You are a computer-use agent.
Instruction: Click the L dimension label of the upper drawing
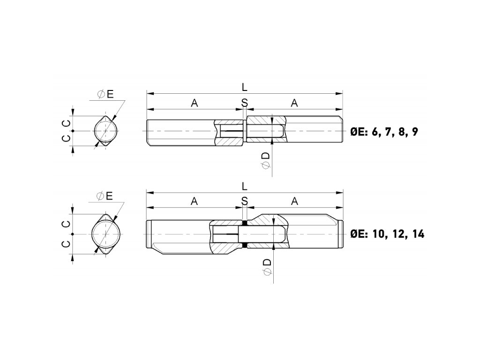click(244, 87)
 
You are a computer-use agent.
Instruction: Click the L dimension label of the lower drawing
click(244, 186)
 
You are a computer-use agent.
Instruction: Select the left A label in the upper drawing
click(195, 103)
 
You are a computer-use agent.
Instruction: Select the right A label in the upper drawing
click(294, 103)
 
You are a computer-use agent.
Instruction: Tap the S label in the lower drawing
click(244, 201)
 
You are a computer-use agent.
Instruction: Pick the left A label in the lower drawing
click(195, 201)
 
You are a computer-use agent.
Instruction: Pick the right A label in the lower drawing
click(294, 201)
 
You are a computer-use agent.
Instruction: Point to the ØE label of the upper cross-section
click(105, 94)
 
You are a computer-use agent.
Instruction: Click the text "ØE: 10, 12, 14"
click(387, 233)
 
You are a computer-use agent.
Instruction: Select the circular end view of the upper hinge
click(105, 131)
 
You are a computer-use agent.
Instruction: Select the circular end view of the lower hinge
click(105, 233)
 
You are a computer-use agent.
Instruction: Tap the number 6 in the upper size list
click(374, 132)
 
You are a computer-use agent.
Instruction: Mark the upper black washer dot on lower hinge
click(244, 223)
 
